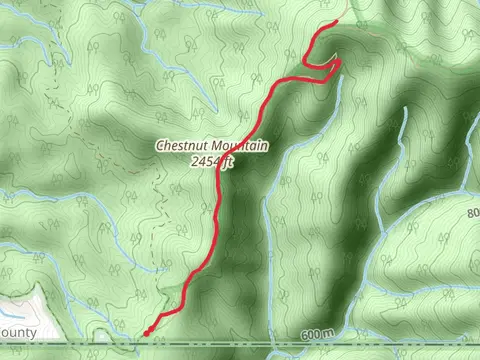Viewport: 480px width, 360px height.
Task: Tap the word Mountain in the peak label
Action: [238, 146]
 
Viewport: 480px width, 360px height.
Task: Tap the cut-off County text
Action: [17, 332]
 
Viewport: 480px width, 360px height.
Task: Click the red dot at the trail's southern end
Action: [148, 332]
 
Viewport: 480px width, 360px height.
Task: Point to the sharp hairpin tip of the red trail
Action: [341, 62]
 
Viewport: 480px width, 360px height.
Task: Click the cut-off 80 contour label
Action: [472, 213]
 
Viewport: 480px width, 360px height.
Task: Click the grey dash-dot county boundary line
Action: [240, 344]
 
